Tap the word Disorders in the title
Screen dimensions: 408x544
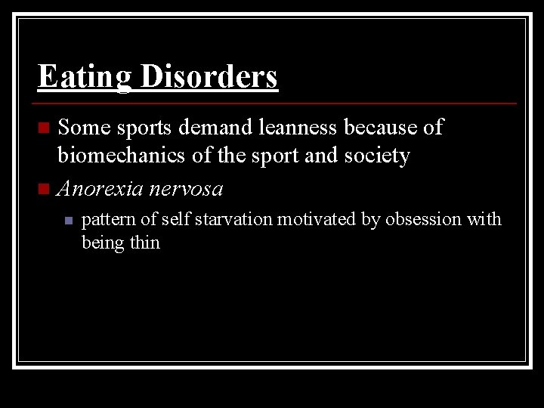point(206,76)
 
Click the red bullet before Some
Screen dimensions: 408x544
point(46,126)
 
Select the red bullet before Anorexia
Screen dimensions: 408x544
point(46,187)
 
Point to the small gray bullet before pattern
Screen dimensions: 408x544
point(67,221)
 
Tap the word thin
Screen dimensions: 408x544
point(144,243)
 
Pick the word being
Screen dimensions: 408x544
point(102,243)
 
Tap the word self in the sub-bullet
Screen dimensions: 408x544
point(178,219)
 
